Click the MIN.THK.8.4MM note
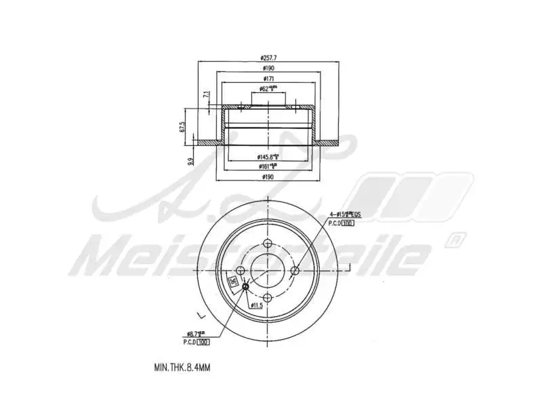pyautogui.click(x=182, y=367)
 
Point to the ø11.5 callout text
pyautogui.click(x=256, y=306)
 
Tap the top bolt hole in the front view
pyautogui.click(x=268, y=244)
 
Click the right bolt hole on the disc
pyautogui.click(x=295, y=271)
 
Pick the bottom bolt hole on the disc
pyautogui.click(x=268, y=297)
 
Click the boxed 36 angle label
pyautogui.click(x=233, y=284)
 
